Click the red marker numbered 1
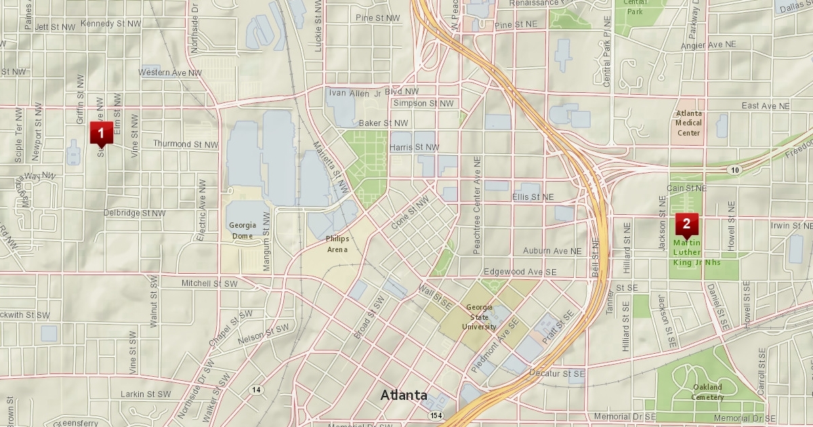[x=101, y=133]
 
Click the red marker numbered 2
[x=686, y=224]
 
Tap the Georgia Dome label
[x=242, y=230]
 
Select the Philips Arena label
[x=337, y=244]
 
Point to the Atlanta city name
[x=404, y=394]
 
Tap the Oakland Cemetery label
[x=707, y=392]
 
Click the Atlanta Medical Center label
[x=688, y=123]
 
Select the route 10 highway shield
[x=735, y=169]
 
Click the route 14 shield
[x=255, y=389]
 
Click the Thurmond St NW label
[x=186, y=144]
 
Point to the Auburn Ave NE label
[x=552, y=251]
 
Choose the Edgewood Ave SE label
[x=520, y=271]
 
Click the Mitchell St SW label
[x=209, y=283]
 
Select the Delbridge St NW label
[x=134, y=213]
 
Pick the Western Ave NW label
[x=170, y=72]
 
